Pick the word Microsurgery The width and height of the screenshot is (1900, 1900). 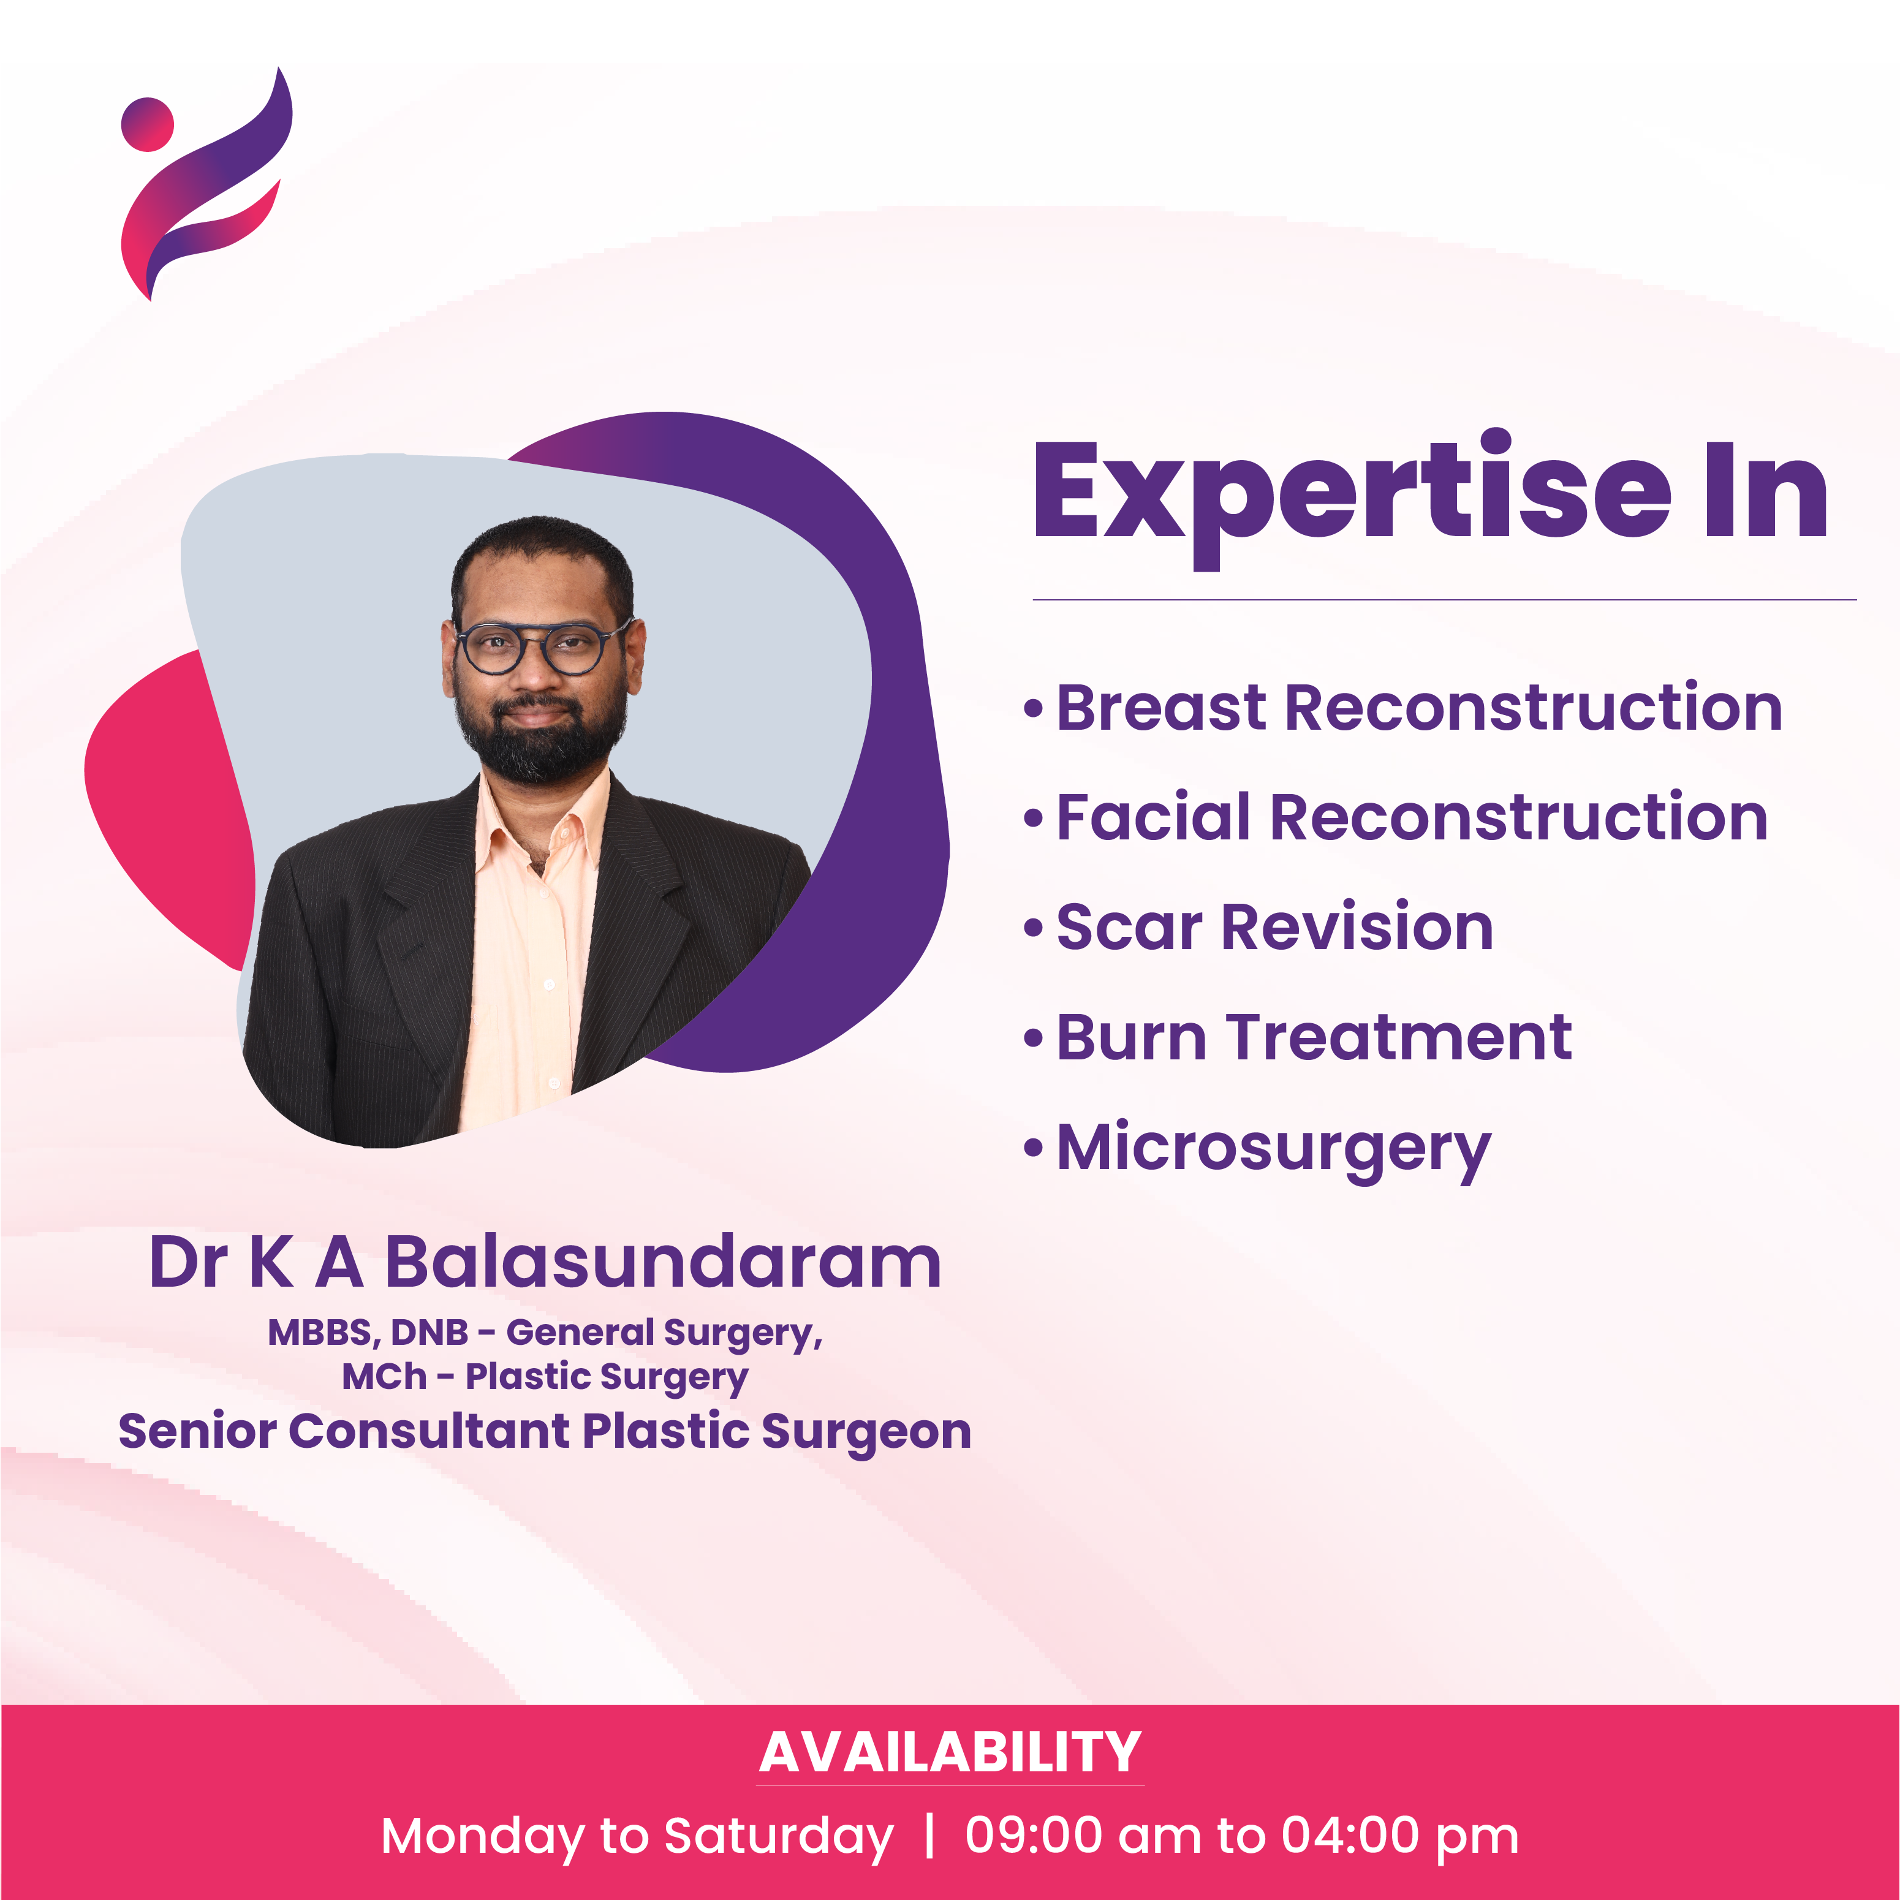tap(1274, 1151)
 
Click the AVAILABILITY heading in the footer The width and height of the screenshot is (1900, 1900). tap(950, 1752)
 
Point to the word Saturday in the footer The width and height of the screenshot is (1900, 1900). tap(779, 1837)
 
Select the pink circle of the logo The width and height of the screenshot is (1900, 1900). tap(148, 124)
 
